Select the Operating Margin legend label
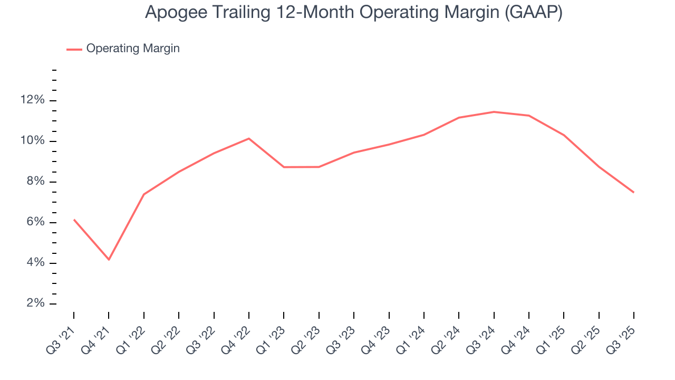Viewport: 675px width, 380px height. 133,49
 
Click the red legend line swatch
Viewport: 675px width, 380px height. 74,49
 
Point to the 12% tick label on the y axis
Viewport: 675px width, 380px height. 33,100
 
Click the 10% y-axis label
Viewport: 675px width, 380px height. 33,141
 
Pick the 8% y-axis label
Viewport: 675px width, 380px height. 36,182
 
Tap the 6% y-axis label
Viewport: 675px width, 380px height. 36,222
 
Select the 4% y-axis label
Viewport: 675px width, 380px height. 36,263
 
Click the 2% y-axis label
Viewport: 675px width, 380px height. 36,303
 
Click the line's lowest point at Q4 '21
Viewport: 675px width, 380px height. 109,260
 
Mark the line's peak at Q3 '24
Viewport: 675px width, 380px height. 494,112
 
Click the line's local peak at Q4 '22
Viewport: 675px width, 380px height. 249,138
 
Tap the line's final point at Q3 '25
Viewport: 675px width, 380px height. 633,192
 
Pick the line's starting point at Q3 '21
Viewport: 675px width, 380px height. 74,220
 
